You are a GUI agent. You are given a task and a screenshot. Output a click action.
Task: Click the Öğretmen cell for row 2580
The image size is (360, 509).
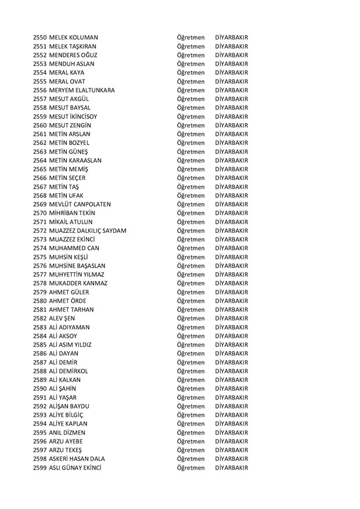pos(190,301)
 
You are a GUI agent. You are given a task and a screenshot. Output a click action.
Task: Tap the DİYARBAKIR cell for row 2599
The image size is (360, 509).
pos(231,468)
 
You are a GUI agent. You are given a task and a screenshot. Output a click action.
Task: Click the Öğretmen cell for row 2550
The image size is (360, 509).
pos(190,37)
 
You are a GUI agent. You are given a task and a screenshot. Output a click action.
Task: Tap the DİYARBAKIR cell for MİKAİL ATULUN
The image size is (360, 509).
pos(231,222)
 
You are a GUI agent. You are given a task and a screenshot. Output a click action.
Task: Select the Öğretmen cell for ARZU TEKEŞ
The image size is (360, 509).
pos(190,450)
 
